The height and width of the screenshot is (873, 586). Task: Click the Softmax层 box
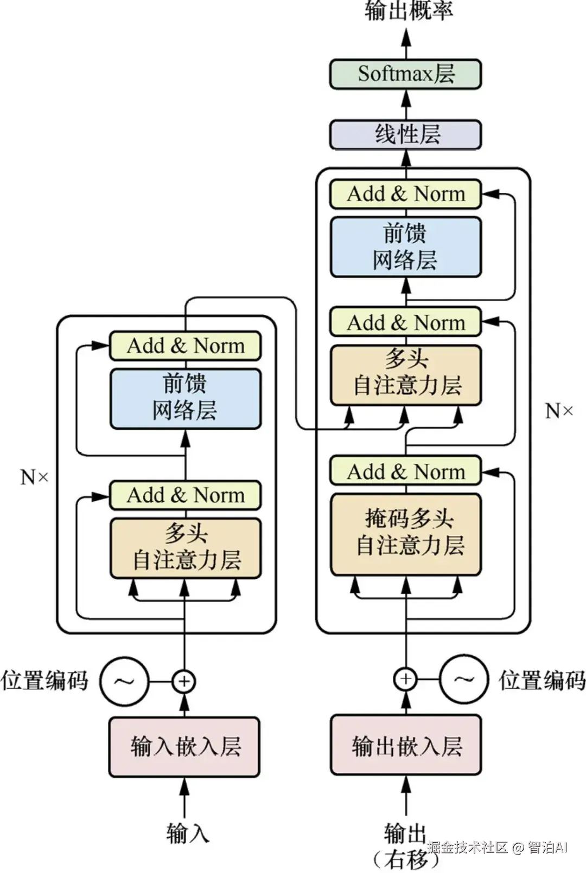[405, 74]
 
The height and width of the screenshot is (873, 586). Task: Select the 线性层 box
[405, 134]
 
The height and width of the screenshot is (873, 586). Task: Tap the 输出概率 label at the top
[408, 11]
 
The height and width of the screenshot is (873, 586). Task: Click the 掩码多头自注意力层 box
[405, 534]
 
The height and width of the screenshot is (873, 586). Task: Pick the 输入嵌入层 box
[184, 747]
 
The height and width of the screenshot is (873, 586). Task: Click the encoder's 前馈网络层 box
[185, 399]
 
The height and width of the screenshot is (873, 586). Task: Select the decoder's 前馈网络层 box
[405, 247]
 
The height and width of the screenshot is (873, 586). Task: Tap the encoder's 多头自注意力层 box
[185, 548]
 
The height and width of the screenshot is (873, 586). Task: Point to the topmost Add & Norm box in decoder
[405, 194]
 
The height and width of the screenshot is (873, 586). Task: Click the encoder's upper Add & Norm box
[185, 346]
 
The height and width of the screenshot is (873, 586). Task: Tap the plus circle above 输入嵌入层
[184, 681]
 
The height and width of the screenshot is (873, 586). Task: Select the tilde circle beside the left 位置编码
[124, 681]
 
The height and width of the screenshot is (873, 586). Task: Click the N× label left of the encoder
[34, 477]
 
